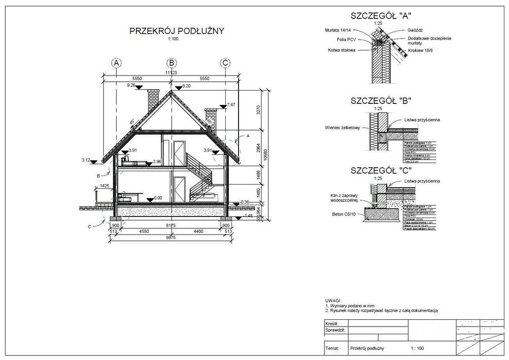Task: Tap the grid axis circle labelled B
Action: coord(171,63)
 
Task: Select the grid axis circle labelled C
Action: coord(225,63)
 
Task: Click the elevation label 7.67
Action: coord(230,104)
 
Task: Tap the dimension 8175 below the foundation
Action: coord(170,225)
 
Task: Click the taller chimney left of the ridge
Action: coord(153,100)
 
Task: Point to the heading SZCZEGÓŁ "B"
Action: coord(380,101)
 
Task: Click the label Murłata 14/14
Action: coord(339,30)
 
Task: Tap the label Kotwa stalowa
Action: coord(342,50)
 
